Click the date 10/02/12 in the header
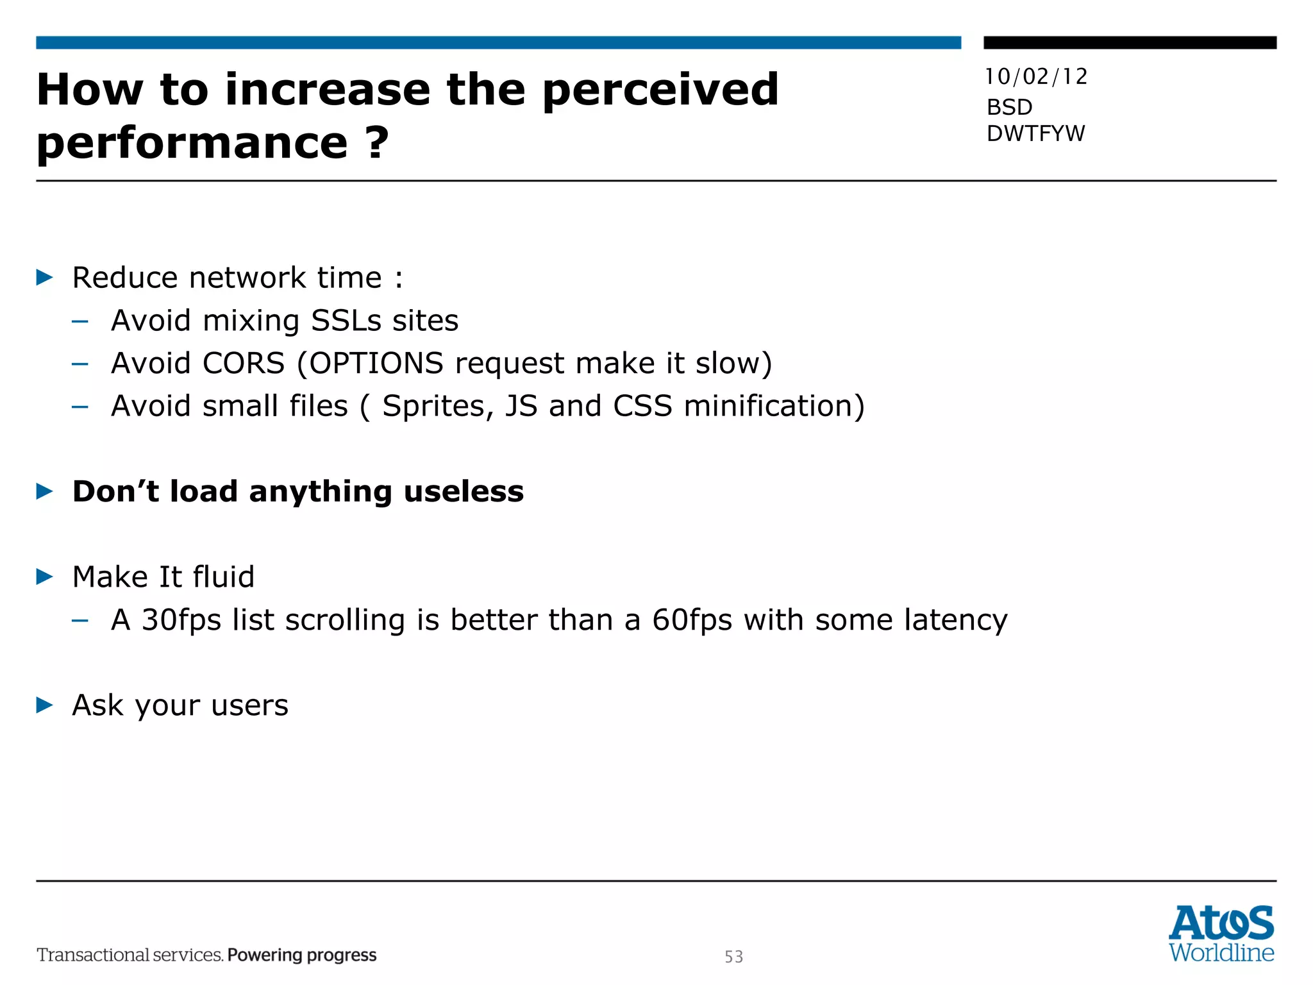coord(1036,77)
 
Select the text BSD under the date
coord(1009,107)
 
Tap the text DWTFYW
coord(1035,133)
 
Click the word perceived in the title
coord(660,90)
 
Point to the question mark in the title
coord(377,142)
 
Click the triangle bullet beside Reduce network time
coord(44,278)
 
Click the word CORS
coord(244,363)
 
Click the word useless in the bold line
coord(464,491)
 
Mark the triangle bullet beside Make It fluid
coord(44,577)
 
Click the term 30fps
coord(181,620)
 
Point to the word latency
coord(955,620)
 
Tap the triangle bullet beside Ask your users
coord(44,705)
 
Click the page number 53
coord(734,957)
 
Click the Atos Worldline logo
coord(1221,934)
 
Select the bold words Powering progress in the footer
coord(302,955)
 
